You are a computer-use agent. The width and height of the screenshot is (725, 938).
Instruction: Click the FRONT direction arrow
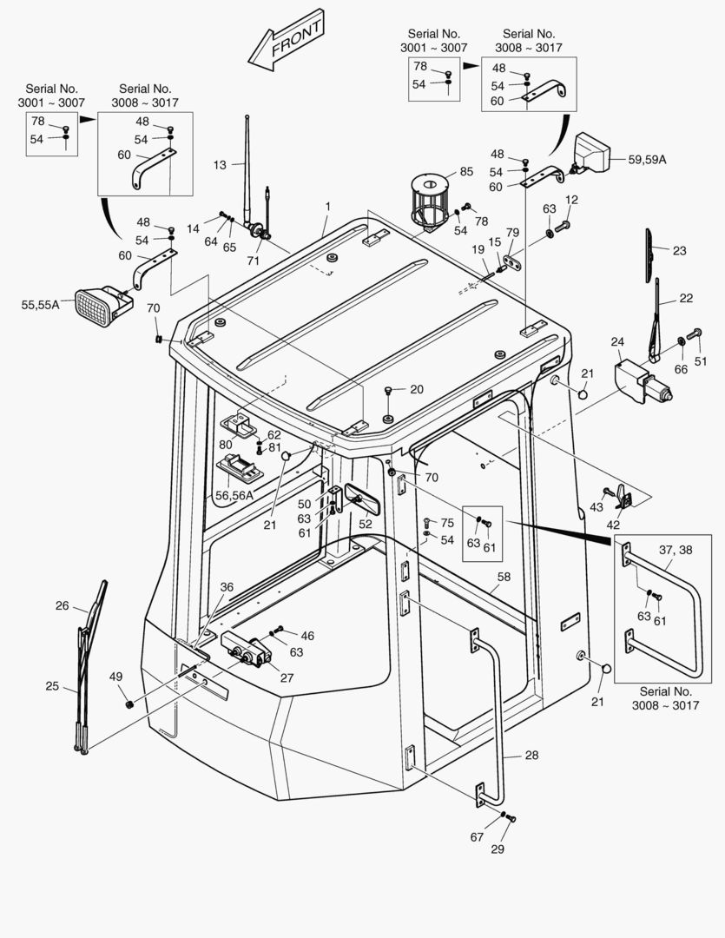[x=286, y=42]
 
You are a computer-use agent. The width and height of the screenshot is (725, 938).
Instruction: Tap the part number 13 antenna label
[x=220, y=164]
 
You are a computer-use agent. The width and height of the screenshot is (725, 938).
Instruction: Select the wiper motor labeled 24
[x=643, y=382]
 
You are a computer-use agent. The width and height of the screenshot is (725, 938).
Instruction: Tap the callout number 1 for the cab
[x=328, y=207]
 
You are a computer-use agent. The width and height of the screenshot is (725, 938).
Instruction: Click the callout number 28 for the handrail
[x=531, y=756]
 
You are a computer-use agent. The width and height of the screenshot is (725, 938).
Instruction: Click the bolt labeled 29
[x=510, y=818]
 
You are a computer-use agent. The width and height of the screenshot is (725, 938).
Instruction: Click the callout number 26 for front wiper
[x=62, y=605]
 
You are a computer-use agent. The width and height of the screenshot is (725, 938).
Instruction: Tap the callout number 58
[x=504, y=576]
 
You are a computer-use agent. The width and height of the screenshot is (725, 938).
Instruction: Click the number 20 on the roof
[x=416, y=389]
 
